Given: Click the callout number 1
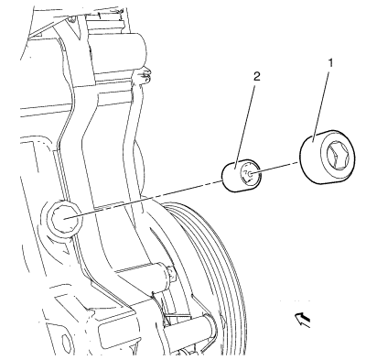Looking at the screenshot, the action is pos(330,63).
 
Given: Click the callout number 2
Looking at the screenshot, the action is pos(257,77).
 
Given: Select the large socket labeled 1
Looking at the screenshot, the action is pos(327,157).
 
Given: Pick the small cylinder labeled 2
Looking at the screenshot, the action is pos(241,176).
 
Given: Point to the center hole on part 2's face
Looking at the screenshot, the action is pos(251,174).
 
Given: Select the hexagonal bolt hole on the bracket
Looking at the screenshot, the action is pos(65,218).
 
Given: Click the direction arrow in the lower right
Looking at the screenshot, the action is pos(303,320).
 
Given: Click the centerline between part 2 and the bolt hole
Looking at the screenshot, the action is pos(144,199).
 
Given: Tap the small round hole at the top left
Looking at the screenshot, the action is pos(71,20).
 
